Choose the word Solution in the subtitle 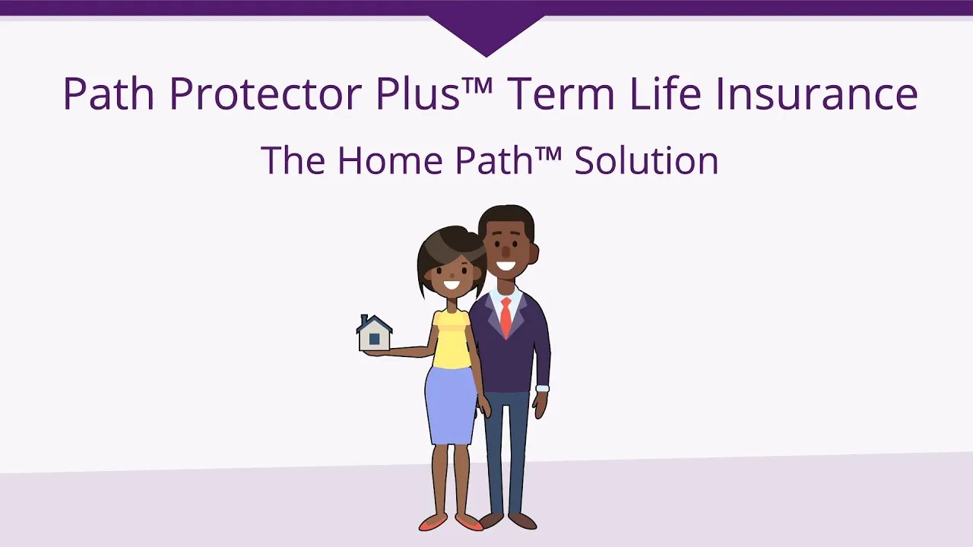tap(646, 160)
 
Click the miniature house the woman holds tap(374, 334)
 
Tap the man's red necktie tap(506, 316)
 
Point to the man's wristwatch tap(542, 388)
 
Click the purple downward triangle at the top tap(486, 34)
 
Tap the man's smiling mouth tap(506, 266)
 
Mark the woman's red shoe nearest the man tap(467, 523)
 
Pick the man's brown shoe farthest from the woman tap(523, 521)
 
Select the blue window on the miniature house tap(374, 339)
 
